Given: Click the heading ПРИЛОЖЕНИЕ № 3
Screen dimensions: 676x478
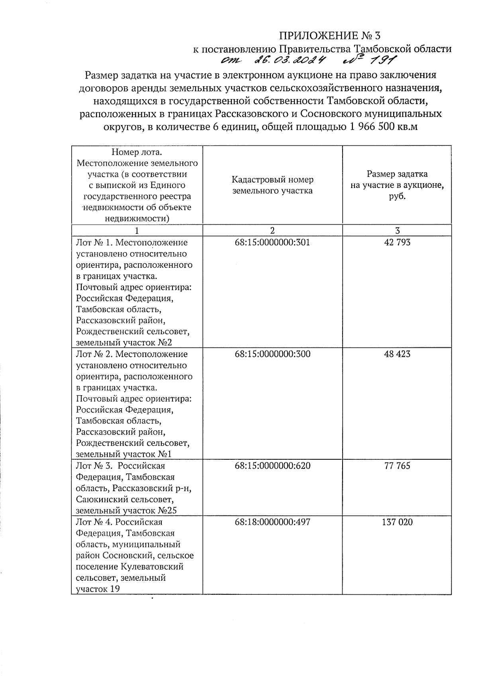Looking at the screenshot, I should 329,36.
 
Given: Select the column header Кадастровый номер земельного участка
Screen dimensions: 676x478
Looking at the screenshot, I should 272,185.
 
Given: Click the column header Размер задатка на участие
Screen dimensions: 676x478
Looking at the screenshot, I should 397,185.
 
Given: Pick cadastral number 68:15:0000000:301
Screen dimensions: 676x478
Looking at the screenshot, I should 272,242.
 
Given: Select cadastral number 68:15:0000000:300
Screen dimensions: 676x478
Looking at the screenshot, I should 272,354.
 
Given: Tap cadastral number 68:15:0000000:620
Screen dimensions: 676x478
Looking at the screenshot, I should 272,465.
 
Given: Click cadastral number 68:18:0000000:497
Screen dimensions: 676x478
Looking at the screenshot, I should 272,521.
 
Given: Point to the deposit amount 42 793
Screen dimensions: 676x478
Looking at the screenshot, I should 397,242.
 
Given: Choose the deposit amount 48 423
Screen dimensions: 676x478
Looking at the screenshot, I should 397,354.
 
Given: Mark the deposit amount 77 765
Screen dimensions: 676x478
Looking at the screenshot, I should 397,465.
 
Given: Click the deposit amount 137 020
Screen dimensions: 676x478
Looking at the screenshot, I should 397,521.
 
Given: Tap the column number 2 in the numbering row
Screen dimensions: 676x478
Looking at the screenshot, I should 272,230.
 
